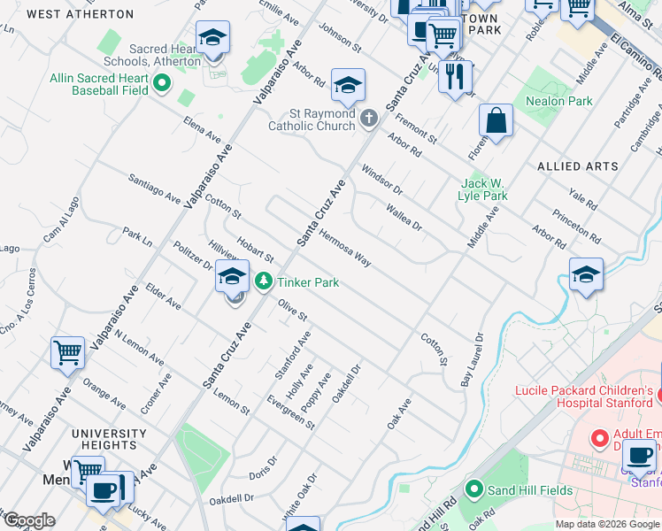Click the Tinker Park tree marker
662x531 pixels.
[x=263, y=282]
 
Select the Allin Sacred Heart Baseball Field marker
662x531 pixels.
[x=162, y=84]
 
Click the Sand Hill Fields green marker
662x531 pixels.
[x=474, y=489]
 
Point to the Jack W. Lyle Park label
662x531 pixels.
[x=483, y=189]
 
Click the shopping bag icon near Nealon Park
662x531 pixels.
[x=496, y=121]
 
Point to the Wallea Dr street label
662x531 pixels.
[x=404, y=217]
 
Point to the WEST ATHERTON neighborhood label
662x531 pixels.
[x=80, y=15]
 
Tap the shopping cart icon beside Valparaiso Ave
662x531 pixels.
[x=68, y=353]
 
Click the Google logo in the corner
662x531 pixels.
[x=29, y=520]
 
